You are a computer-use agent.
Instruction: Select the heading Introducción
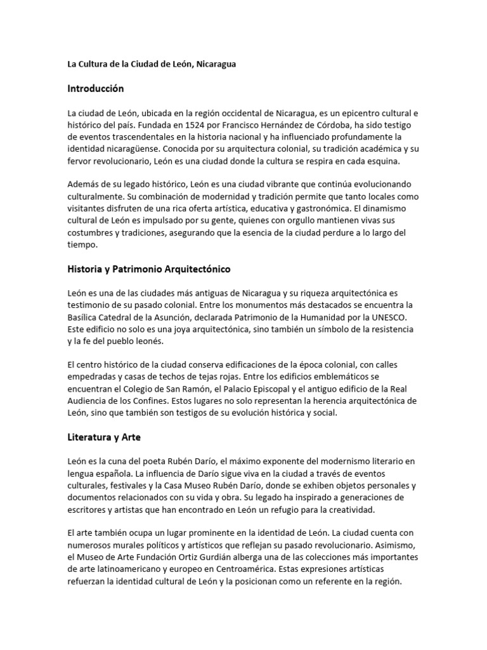coord(96,88)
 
